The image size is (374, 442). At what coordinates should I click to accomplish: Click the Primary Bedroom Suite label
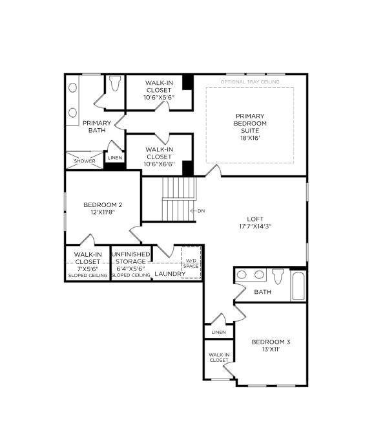(x=250, y=123)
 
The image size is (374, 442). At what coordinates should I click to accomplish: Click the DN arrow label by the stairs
(x=198, y=210)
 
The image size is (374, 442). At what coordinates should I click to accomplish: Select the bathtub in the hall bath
(x=298, y=285)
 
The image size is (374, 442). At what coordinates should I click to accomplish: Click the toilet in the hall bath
(x=278, y=276)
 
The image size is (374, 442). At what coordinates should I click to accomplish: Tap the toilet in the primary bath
(x=115, y=84)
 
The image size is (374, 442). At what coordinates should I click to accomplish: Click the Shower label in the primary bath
(x=84, y=161)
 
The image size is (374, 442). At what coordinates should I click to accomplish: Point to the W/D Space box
(x=191, y=263)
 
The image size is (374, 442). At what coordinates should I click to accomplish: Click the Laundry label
(x=170, y=274)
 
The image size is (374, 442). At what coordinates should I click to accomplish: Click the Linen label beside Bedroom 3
(x=218, y=332)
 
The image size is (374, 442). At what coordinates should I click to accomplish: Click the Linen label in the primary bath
(x=115, y=157)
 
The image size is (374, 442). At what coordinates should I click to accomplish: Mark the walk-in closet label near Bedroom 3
(x=218, y=357)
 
